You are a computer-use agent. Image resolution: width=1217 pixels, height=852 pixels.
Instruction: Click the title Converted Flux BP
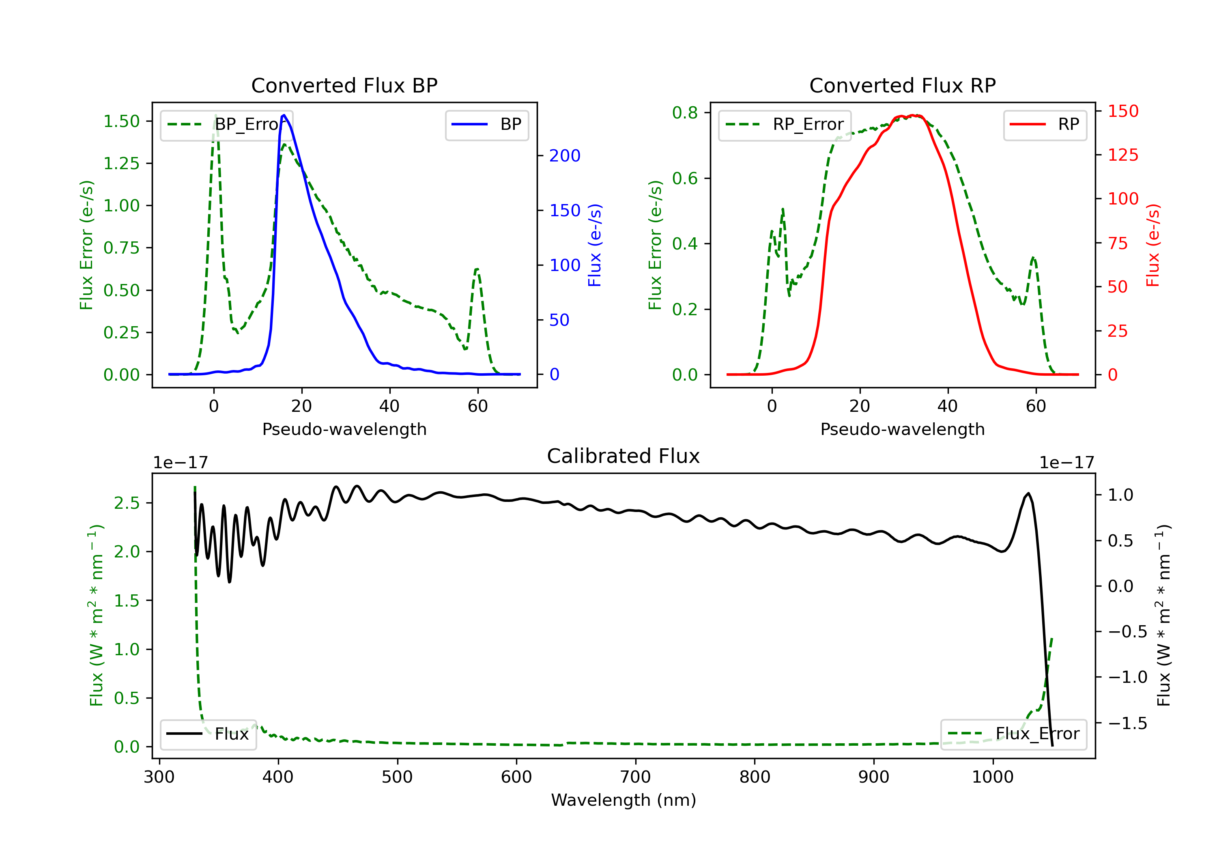click(344, 85)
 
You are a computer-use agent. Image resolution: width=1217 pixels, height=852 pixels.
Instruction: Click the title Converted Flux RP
click(902, 85)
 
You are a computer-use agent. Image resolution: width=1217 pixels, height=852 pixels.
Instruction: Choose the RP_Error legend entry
click(785, 125)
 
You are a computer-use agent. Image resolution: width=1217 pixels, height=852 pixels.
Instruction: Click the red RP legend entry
click(1045, 125)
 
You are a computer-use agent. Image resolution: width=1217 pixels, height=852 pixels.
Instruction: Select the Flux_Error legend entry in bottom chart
click(1013, 734)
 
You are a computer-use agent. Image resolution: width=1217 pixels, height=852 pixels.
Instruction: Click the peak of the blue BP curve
click(284, 115)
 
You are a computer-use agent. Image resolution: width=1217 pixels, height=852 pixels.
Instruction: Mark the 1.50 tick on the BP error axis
click(121, 121)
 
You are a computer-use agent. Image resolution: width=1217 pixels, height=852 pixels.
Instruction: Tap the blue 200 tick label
click(565, 155)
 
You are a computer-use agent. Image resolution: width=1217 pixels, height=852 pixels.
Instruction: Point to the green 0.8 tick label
click(685, 112)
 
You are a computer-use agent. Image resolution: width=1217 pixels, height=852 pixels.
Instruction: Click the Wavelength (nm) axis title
click(624, 800)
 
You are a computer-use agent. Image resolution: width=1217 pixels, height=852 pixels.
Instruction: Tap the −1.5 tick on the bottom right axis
click(1127, 723)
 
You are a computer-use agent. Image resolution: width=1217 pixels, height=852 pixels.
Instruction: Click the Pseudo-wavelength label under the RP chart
click(902, 429)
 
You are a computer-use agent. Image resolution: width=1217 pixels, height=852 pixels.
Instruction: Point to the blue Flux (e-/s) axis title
click(595, 245)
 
